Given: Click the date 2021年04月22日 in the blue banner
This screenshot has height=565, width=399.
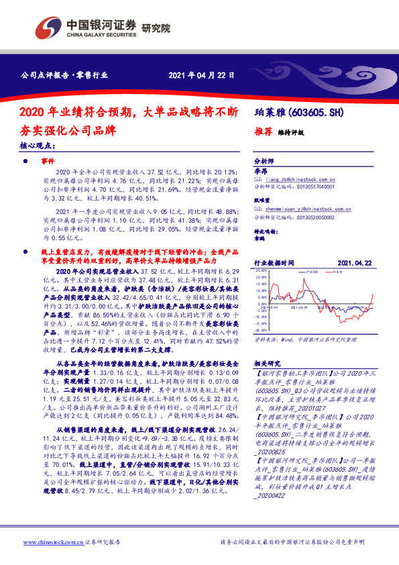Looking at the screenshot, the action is click(194, 74).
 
